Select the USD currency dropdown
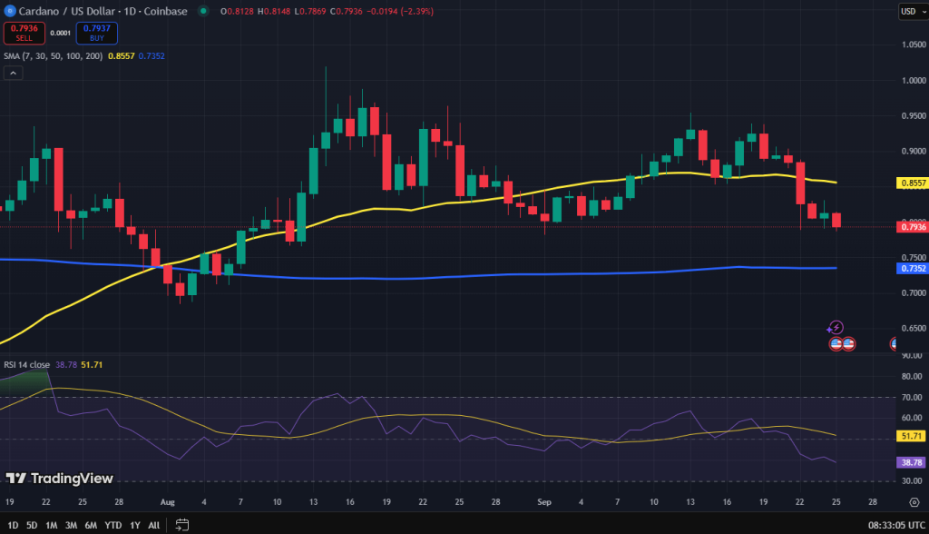[x=910, y=11]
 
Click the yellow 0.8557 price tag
[x=912, y=183]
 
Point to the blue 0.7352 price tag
[x=912, y=268]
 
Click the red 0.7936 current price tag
[x=912, y=227]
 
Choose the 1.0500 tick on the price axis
[x=912, y=44]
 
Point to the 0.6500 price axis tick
[x=912, y=328]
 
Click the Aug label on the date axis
[x=166, y=500]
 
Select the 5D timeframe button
[x=32, y=524]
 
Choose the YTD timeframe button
[x=113, y=524]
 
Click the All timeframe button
[x=154, y=524]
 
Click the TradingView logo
[x=60, y=478]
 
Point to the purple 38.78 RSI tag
[x=912, y=462]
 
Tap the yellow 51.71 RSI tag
[x=912, y=437]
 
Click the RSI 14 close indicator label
[x=26, y=364]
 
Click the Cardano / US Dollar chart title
[x=64, y=11]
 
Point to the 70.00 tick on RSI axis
[x=912, y=397]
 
